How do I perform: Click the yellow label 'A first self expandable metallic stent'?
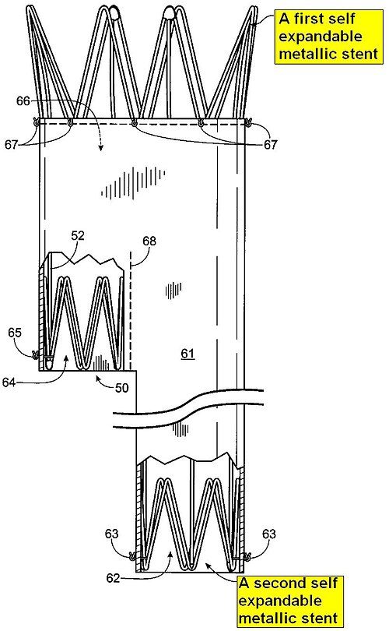329,37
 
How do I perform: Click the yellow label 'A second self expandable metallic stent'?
289,601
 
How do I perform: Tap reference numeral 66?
23,100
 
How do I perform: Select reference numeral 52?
78,236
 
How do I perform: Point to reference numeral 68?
149,241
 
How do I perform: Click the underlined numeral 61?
187,354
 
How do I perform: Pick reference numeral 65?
15,333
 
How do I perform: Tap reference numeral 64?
9,382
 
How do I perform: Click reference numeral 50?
122,387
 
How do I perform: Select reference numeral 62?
113,578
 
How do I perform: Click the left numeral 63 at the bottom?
112,534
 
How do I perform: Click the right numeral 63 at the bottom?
269,534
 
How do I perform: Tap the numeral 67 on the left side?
12,144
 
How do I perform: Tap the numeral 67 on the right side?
271,144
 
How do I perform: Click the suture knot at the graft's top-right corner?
248,121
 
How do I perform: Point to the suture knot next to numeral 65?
35,355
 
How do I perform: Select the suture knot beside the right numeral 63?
247,556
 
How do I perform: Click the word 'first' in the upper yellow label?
309,19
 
